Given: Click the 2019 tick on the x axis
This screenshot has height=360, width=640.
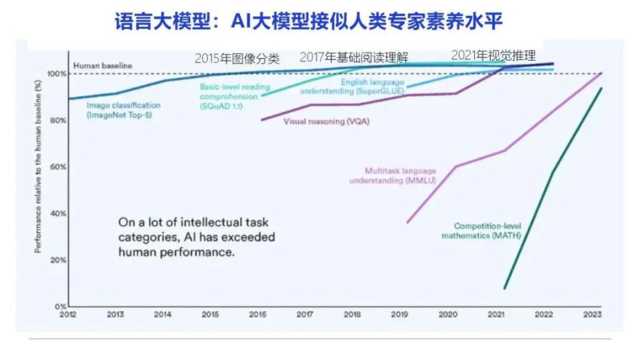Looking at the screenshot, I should point(401,314).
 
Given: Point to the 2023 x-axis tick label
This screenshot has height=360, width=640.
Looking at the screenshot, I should point(592,314).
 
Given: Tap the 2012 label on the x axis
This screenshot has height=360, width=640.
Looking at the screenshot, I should point(67,314).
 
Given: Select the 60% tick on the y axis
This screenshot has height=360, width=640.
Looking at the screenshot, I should point(57,167).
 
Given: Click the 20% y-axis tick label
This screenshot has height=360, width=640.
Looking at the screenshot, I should point(57,260).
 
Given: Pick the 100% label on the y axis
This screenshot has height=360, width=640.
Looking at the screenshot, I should point(56,73).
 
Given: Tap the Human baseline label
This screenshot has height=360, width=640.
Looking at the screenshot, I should point(103,65).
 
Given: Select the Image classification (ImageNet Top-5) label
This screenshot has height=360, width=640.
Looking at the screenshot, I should point(124,110).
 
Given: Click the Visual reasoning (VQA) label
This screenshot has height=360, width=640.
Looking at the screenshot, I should point(327,121).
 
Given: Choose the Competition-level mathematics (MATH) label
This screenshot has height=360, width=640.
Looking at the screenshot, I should point(481,231).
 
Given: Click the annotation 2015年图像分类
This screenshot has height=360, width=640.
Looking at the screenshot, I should point(237,58).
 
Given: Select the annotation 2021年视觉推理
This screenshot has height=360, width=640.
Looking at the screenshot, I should point(493,55).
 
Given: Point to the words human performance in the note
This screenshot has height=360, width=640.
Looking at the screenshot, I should point(176,252).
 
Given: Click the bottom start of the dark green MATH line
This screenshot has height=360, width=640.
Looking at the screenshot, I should point(505,289).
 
